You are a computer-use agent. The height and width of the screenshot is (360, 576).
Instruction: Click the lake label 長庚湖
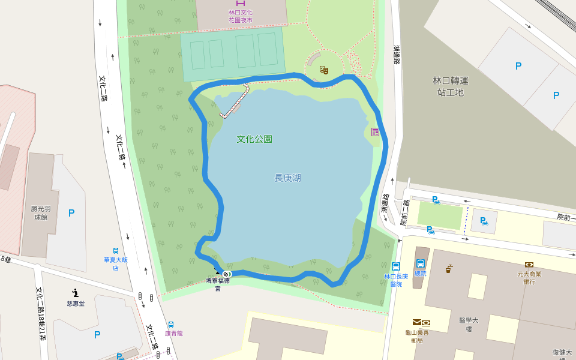pyautogui.click(x=287, y=178)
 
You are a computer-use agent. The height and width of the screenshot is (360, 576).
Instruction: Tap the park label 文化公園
pyautogui.click(x=254, y=139)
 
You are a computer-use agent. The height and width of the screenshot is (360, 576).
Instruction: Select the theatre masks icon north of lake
pyautogui.click(x=324, y=70)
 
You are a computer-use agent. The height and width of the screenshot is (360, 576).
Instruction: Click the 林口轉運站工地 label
pyautogui.click(x=450, y=86)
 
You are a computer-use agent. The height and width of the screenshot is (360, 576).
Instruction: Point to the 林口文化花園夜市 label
pyautogui.click(x=240, y=16)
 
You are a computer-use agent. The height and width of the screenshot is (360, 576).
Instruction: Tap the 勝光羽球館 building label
pyautogui.click(x=39, y=213)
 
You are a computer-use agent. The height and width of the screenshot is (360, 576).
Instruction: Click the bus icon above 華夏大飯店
pyautogui.click(x=115, y=251)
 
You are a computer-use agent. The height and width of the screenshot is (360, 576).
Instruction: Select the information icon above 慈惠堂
pyautogui.click(x=75, y=293)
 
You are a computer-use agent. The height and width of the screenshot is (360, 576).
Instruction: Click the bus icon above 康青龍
pyautogui.click(x=171, y=325)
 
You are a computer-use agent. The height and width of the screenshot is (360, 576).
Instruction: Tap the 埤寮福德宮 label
pyautogui.click(x=218, y=283)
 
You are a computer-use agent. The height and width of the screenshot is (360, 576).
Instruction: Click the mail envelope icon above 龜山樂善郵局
pyautogui.click(x=416, y=322)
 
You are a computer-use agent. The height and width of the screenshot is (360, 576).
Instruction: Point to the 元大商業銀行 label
pyautogui.click(x=529, y=277)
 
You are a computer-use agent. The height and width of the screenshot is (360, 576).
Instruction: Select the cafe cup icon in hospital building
pyautogui.click(x=449, y=269)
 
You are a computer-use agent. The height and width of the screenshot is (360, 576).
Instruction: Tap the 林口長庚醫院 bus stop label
pyautogui.click(x=396, y=280)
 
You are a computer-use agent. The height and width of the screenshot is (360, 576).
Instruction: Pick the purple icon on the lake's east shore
pyautogui.click(x=375, y=132)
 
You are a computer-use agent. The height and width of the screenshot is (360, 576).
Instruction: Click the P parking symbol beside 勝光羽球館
pyautogui.click(x=71, y=213)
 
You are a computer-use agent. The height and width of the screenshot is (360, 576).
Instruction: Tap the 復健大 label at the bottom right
pyautogui.click(x=562, y=352)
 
